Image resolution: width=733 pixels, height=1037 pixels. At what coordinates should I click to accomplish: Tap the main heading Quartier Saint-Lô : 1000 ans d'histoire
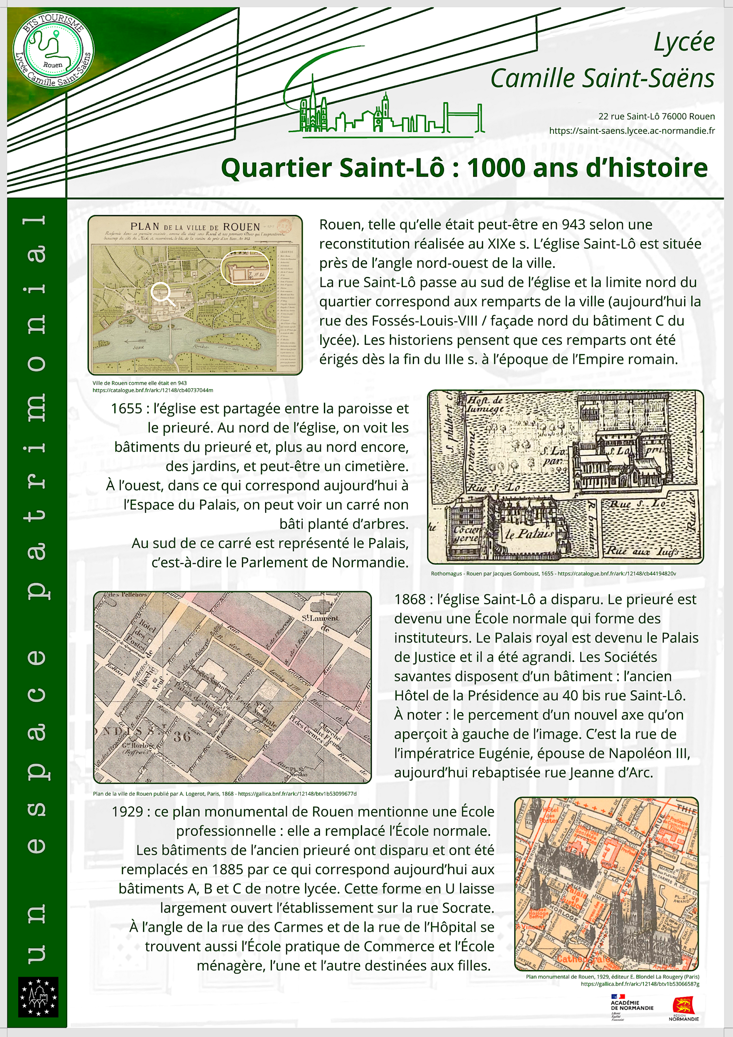464,168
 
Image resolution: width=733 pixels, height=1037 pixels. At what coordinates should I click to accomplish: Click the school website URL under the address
632,131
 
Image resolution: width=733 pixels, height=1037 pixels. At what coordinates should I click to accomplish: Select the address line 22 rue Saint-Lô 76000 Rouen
656,117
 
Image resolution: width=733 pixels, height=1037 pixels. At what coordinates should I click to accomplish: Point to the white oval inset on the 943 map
245,268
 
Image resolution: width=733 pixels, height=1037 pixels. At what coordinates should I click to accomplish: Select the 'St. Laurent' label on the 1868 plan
320,617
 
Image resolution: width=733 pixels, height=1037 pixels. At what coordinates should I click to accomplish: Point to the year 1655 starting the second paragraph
126,409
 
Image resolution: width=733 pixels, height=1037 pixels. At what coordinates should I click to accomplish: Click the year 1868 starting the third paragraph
409,600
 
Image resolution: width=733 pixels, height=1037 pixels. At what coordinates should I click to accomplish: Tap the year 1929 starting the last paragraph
127,812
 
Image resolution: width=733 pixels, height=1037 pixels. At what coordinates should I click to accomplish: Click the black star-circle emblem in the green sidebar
39,997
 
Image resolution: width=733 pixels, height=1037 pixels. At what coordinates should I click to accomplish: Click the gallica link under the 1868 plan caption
297,794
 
